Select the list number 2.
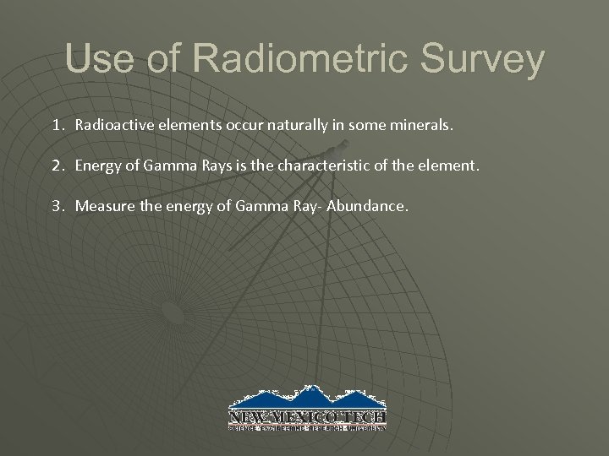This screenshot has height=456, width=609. (57, 166)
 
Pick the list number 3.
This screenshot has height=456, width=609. (57, 206)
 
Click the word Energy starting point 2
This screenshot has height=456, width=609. (96, 166)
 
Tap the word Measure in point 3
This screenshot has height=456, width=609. (102, 206)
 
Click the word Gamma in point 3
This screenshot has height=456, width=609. (259, 206)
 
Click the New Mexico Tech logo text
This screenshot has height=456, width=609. (308, 417)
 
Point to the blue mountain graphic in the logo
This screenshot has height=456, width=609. (308, 398)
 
